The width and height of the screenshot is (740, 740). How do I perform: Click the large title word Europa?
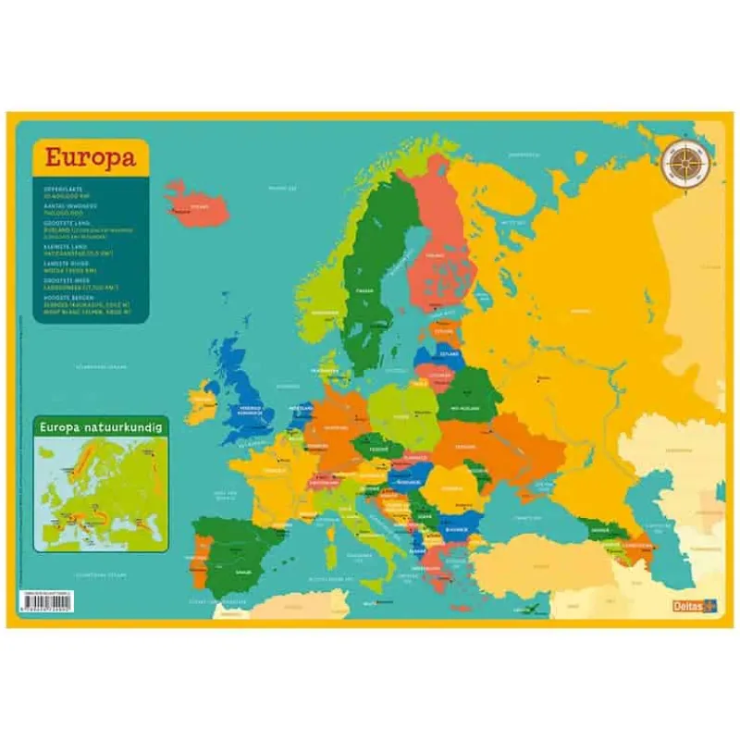pyautogui.click(x=89, y=156)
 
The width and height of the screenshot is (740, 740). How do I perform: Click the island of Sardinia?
pyautogui.click(x=332, y=536)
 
